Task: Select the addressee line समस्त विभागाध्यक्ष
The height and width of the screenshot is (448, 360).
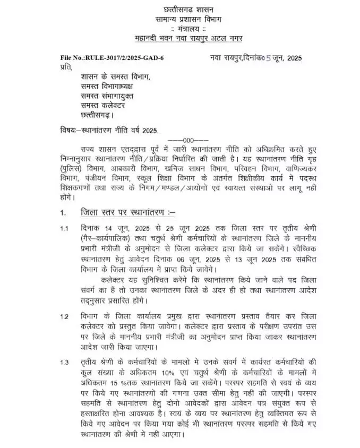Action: (x=107, y=86)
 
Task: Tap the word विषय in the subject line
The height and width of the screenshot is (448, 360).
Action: (x=68, y=130)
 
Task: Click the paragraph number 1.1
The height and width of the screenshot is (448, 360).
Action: (x=64, y=229)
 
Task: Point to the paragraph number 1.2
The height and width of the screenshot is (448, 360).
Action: (x=64, y=317)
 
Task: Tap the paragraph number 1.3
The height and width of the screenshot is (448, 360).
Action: (x=64, y=362)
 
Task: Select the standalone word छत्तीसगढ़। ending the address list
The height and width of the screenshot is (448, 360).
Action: (x=97, y=115)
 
